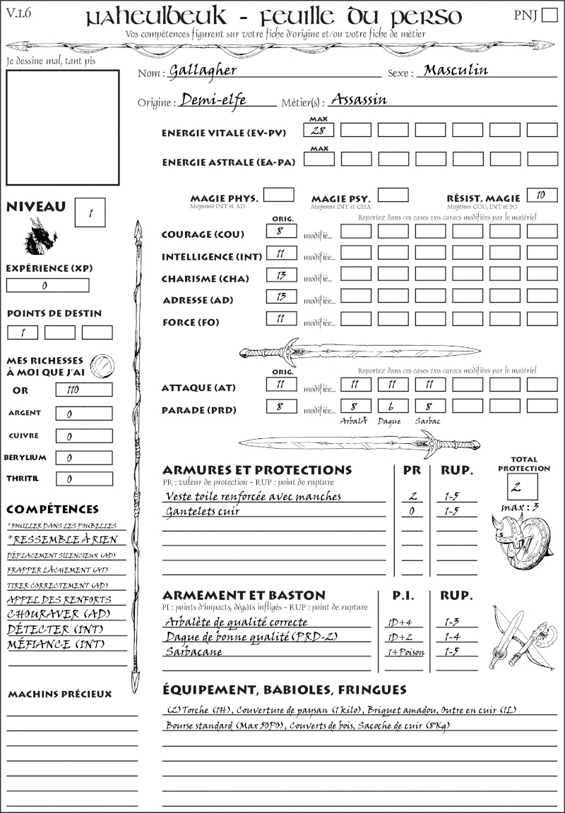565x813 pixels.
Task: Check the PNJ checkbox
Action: point(548,16)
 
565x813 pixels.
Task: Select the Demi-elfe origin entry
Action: point(213,100)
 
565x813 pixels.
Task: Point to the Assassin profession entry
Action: point(359,100)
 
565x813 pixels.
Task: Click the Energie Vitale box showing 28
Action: point(319,130)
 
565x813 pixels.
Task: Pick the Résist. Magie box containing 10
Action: point(542,195)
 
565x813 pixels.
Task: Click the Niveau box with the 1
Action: point(90,212)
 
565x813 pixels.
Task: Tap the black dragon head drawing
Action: point(40,236)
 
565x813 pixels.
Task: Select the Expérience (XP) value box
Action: point(48,286)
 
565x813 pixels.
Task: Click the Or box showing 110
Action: point(83,390)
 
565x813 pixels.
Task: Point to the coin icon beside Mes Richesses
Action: point(102,365)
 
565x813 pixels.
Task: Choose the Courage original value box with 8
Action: point(281,231)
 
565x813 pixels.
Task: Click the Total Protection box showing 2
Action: point(523,486)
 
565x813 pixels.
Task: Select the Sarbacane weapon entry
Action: point(194,651)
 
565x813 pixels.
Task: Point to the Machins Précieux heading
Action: point(60,694)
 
